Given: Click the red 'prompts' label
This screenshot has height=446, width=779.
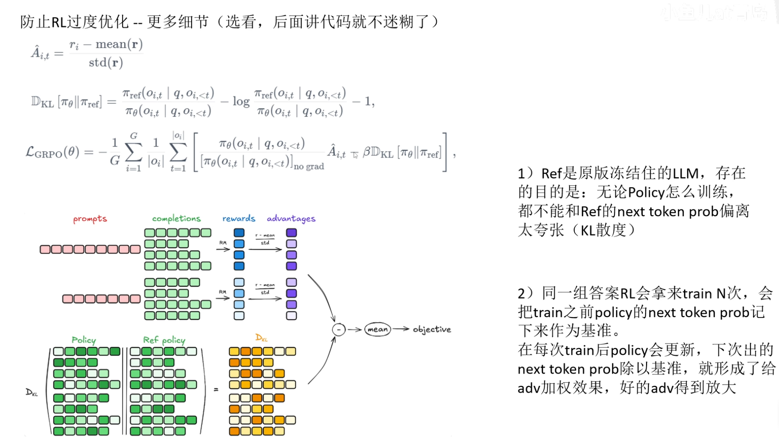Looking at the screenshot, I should (x=90, y=219).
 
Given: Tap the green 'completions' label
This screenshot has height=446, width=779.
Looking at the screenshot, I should (x=176, y=219).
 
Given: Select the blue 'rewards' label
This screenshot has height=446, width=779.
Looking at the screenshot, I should (x=239, y=218).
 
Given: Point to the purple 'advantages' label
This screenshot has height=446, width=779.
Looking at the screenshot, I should (x=291, y=218).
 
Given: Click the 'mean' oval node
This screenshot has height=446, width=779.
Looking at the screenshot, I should (x=377, y=329).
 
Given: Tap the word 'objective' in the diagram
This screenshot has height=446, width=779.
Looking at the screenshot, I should (x=432, y=330).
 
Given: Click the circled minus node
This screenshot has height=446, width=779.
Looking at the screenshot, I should (x=338, y=330).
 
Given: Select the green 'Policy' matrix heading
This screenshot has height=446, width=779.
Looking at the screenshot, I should (x=84, y=340).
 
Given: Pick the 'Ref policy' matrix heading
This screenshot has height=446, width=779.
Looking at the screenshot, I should (x=164, y=340).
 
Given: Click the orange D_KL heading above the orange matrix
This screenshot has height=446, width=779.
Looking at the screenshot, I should (x=262, y=338).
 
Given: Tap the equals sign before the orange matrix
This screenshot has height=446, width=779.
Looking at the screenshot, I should (x=216, y=389).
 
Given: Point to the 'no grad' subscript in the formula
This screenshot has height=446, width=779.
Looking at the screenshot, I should (x=309, y=166).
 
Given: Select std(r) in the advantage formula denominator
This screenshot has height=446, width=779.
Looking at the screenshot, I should (x=106, y=63).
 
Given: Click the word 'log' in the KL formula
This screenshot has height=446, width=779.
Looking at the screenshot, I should (x=241, y=101).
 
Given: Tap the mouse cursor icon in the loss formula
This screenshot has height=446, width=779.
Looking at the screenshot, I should (x=355, y=155).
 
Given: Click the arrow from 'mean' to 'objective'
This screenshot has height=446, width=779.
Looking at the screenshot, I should (x=400, y=329).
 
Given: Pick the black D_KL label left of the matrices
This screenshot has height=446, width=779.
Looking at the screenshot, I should (x=32, y=392).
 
